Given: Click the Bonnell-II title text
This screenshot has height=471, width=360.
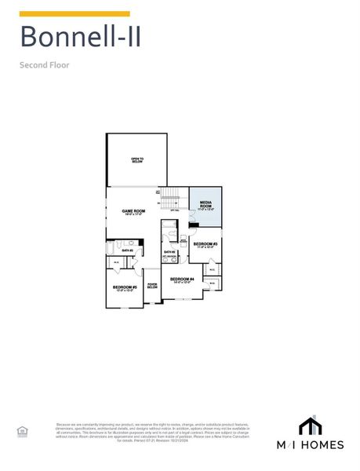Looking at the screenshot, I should [x=81, y=37].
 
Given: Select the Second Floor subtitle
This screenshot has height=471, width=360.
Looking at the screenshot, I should [x=45, y=65].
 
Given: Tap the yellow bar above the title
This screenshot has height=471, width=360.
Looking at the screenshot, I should [x=75, y=13].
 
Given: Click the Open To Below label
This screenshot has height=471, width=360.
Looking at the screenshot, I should [x=137, y=160].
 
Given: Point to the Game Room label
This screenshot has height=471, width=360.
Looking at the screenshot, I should [x=133, y=212].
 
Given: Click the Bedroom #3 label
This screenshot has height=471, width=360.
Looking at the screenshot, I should [x=205, y=245].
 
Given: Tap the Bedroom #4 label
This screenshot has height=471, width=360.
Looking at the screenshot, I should [x=181, y=280].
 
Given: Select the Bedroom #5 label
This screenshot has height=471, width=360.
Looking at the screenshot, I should [x=125, y=288].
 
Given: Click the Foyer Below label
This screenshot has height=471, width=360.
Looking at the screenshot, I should [x=152, y=286].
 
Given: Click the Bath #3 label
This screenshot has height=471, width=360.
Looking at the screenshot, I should [x=169, y=252].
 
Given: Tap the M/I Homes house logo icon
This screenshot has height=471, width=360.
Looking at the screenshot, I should [x=311, y=425].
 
